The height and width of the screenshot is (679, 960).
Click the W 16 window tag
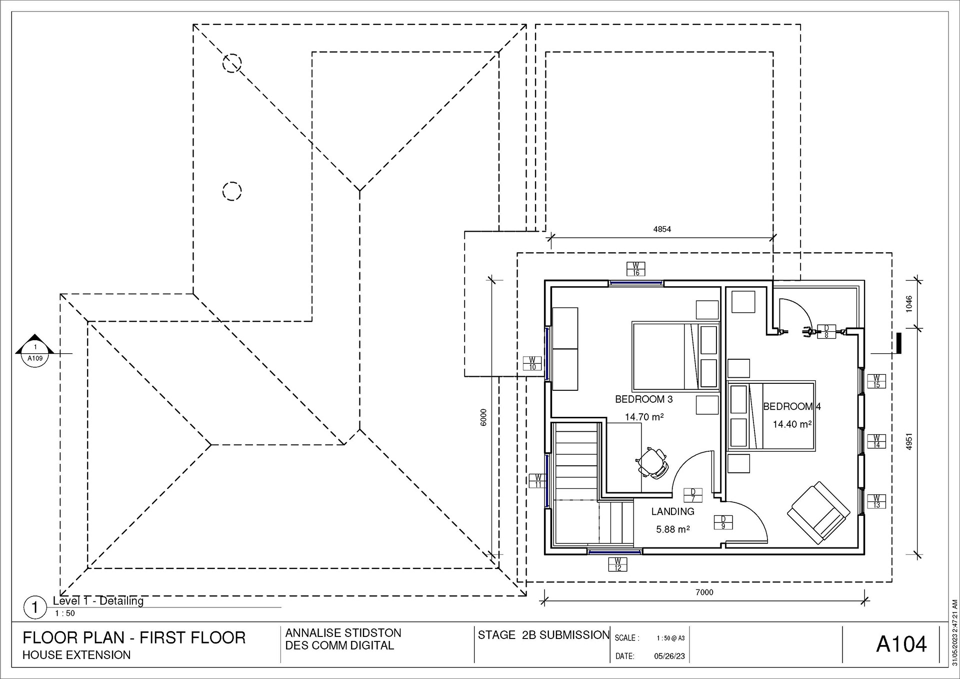click(x=636, y=269)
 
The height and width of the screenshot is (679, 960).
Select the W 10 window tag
click(x=532, y=363)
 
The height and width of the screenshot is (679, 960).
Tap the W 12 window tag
click(x=617, y=564)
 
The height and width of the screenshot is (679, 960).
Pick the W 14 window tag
click(x=876, y=441)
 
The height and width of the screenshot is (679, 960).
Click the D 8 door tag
click(x=826, y=332)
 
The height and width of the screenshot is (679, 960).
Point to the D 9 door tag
click(x=723, y=522)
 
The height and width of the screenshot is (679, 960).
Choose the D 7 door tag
click(x=693, y=495)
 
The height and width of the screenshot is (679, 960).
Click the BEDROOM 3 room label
click(x=643, y=399)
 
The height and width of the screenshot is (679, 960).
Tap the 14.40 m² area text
click(x=792, y=424)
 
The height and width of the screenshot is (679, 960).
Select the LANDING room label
click(x=672, y=511)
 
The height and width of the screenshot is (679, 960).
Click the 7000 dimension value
click(x=704, y=592)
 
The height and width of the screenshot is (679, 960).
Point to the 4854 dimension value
click(x=662, y=229)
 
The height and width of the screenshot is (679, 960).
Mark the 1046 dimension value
click(x=909, y=304)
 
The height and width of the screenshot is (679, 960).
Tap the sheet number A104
click(x=901, y=644)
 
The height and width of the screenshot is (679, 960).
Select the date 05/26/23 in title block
click(x=669, y=656)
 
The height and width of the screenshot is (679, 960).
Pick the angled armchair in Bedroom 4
click(x=818, y=513)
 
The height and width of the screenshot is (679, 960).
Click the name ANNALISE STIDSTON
click(x=343, y=633)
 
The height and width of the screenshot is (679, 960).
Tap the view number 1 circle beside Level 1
click(x=35, y=608)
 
